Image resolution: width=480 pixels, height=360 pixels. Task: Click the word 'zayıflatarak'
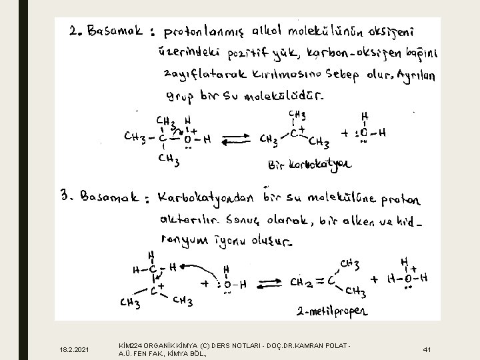point(199,75)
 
